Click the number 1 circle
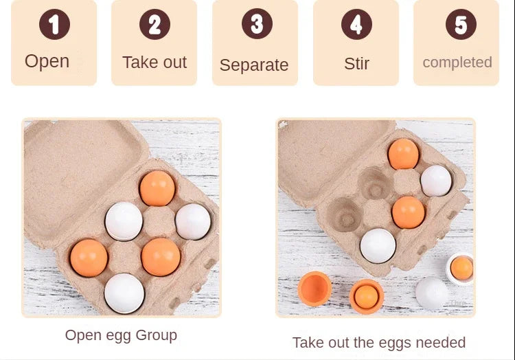[x=54, y=24]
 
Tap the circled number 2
[x=154, y=24]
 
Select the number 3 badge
[x=257, y=23]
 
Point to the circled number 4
[x=356, y=24]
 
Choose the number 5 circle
[x=461, y=24]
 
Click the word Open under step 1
[x=47, y=61]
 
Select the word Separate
[x=254, y=65]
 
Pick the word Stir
[x=356, y=63]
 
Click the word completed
[x=457, y=63]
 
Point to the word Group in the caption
[x=157, y=336]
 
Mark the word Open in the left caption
[x=84, y=336]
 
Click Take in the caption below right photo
[x=306, y=343]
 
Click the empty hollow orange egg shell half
[x=314, y=289]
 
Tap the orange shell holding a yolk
[x=366, y=296]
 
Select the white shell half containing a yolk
[x=460, y=269]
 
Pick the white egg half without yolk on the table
[x=432, y=293]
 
